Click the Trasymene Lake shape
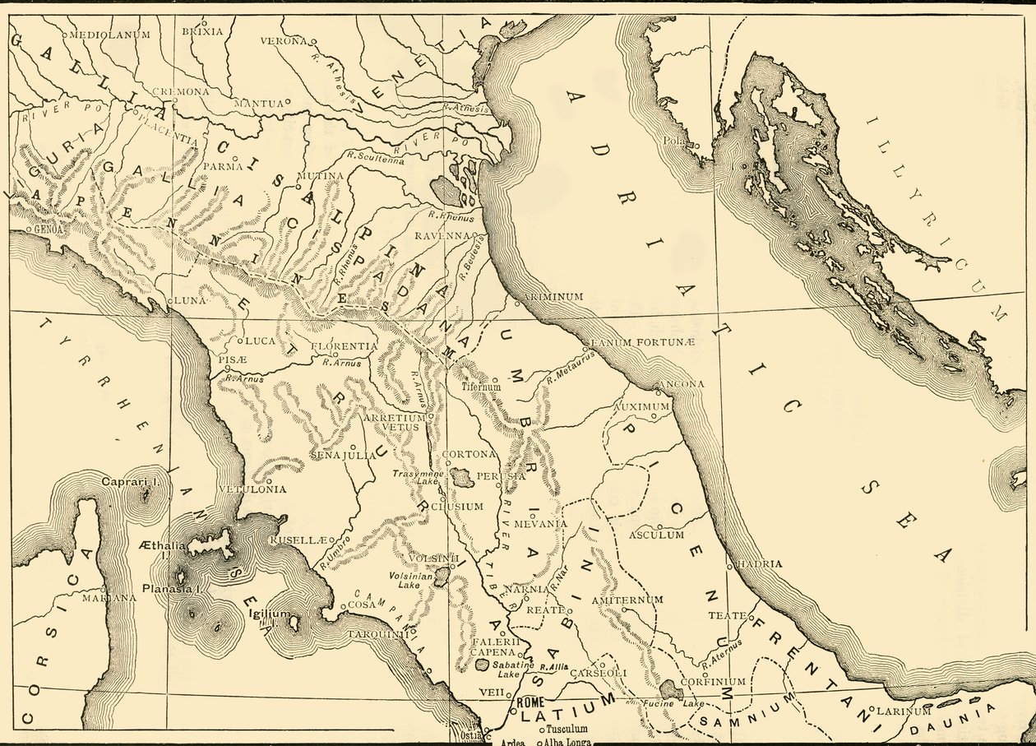(x=462, y=477)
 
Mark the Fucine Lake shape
(x=670, y=689)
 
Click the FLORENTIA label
(x=344, y=346)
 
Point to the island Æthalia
(x=210, y=545)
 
